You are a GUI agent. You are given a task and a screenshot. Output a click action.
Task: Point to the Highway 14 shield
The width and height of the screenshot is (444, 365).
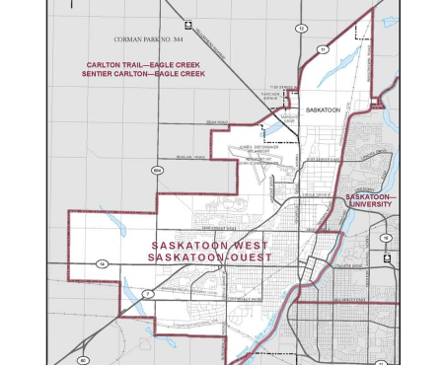click(x=102, y=263)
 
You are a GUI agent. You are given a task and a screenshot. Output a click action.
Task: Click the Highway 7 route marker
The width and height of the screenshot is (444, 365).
click(x=148, y=294)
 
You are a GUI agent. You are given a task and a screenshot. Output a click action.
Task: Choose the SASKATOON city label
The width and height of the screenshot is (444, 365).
click(x=323, y=109)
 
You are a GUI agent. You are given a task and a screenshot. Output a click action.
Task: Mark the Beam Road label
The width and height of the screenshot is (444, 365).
click(x=217, y=123)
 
